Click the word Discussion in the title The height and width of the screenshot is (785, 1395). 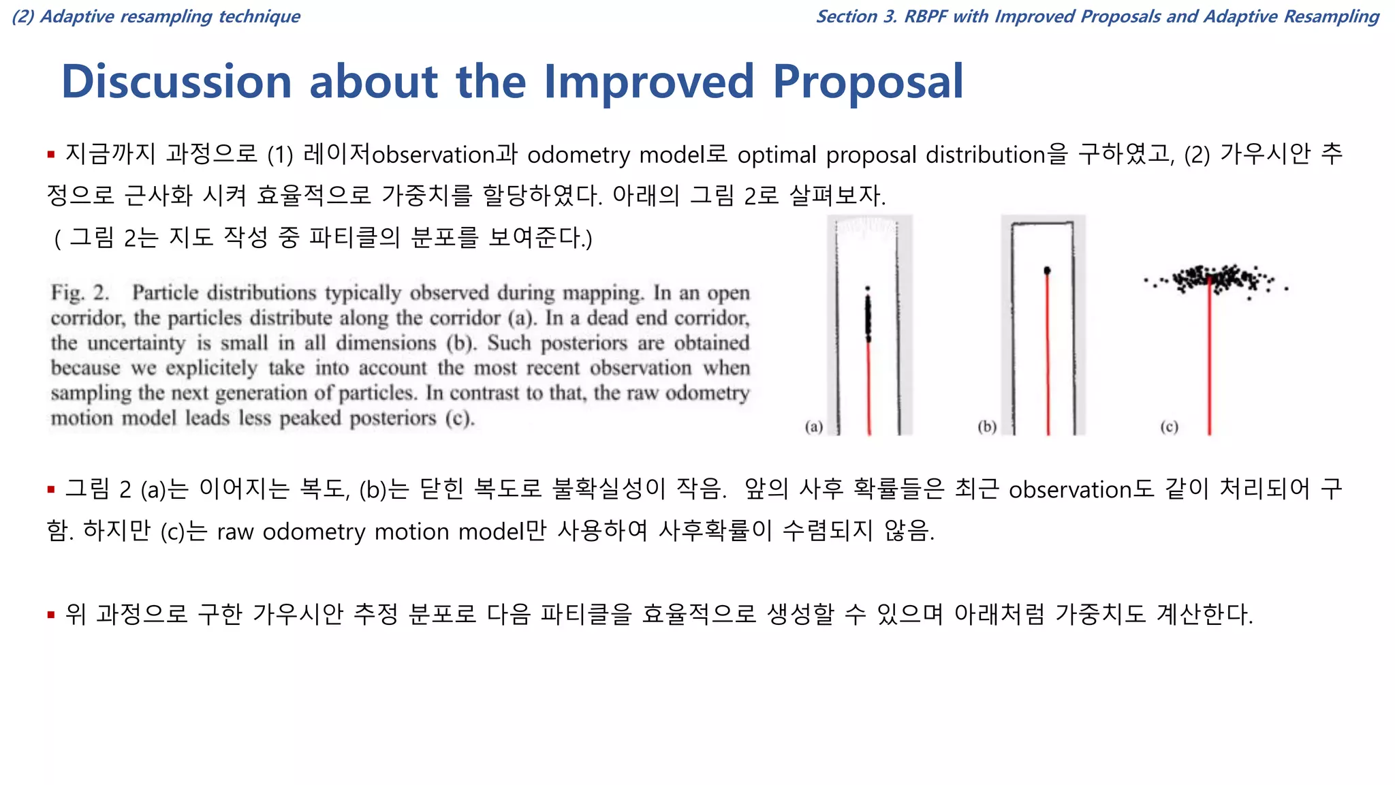tap(176, 82)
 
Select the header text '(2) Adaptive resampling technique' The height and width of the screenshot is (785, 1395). tap(156, 16)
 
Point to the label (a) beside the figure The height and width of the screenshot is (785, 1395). tap(814, 427)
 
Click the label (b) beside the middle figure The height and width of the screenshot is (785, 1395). tap(987, 427)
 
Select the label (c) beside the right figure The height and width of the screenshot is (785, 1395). tap(1169, 427)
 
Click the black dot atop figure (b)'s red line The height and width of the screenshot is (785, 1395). tap(1047, 271)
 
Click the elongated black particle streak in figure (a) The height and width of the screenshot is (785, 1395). tap(868, 315)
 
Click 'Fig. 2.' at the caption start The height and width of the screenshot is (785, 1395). tap(80, 293)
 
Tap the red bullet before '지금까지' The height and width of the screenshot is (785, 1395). tap(51, 155)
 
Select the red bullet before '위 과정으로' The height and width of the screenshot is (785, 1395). tap(51, 615)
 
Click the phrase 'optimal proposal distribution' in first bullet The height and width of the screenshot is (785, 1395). tap(891, 155)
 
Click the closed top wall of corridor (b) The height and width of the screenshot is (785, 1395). tap(1042, 223)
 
